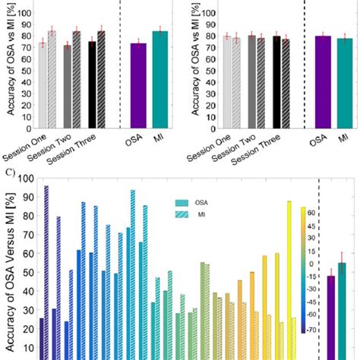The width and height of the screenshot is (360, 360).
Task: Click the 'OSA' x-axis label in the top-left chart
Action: (136, 140)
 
